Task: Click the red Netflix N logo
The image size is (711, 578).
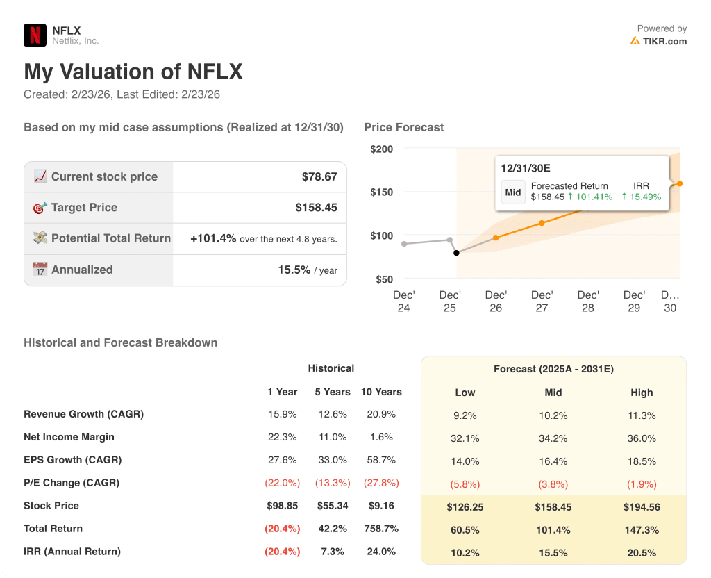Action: click(35, 35)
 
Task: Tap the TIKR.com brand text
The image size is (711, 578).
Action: click(664, 41)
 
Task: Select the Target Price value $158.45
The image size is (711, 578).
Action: click(316, 208)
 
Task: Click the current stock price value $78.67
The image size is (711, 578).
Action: click(319, 177)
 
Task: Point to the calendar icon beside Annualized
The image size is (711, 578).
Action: click(40, 270)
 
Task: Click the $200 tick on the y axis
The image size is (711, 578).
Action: click(381, 149)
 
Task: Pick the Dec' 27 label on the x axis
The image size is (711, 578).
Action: click(542, 302)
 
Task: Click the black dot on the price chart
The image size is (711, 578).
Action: click(456, 253)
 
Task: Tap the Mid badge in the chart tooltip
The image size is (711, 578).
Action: click(513, 192)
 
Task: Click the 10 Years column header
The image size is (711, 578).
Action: click(381, 392)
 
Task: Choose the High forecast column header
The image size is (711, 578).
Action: click(642, 393)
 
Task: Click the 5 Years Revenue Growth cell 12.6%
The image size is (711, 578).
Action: click(332, 414)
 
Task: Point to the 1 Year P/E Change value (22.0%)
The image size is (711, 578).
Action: click(283, 483)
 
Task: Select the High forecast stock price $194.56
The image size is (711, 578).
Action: click(642, 507)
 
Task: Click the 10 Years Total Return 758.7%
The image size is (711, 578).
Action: click(381, 529)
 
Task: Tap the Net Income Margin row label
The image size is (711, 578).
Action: click(69, 437)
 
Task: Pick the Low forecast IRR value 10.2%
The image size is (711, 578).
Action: click(465, 553)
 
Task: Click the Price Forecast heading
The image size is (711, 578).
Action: click(403, 127)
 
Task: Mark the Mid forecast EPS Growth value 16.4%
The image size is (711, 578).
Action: click(553, 461)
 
